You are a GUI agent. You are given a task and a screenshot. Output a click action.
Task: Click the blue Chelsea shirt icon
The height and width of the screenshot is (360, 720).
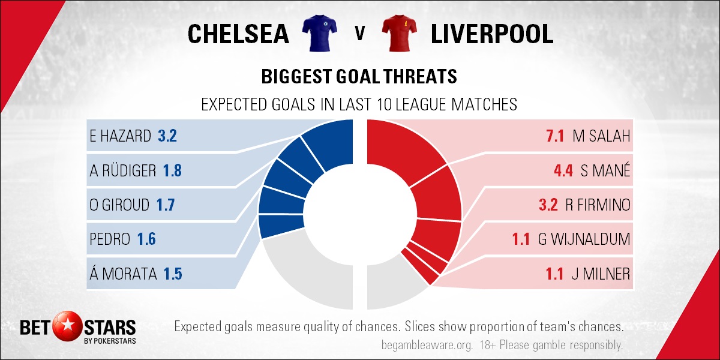[x=319, y=33]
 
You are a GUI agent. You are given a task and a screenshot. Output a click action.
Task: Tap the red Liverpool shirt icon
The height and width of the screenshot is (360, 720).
[x=400, y=33]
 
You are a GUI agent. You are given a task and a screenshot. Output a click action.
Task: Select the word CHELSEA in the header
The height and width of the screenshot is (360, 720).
[x=238, y=34]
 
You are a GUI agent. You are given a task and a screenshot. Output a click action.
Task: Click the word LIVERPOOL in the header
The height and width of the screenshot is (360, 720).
[x=492, y=34]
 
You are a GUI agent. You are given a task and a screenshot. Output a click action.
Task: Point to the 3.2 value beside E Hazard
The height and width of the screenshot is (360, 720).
[x=167, y=136]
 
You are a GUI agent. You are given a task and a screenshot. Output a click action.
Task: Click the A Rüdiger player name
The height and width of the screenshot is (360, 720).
[x=123, y=170]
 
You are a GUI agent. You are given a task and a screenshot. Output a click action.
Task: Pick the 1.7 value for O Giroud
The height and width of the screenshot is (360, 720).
[x=166, y=205]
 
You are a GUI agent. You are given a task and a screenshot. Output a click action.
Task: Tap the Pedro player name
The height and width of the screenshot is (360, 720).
[x=110, y=239]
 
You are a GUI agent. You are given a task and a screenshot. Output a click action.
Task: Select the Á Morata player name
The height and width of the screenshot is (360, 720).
[x=123, y=273]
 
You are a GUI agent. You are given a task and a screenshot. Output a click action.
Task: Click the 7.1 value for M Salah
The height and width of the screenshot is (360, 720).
[x=555, y=136]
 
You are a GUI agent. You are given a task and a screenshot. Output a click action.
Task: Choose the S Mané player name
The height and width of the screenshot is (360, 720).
[x=605, y=170]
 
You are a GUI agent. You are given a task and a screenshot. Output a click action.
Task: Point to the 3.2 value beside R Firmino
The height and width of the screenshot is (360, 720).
[x=548, y=205]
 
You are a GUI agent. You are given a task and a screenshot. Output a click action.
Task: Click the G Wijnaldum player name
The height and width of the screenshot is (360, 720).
[x=584, y=239]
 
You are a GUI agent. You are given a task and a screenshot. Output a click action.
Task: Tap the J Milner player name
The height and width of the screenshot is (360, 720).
[x=601, y=274]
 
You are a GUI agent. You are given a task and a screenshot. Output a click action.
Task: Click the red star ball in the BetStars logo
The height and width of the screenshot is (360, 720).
[x=67, y=326]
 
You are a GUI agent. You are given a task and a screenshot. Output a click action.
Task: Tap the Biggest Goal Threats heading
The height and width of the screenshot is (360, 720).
[x=359, y=77]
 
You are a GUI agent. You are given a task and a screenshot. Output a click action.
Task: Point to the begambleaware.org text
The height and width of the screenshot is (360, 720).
[x=427, y=346]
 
